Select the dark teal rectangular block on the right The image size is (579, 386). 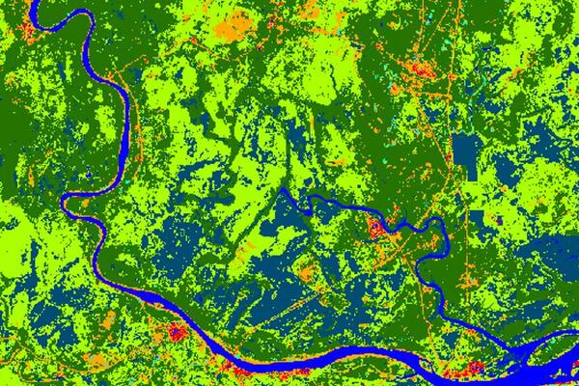click(468, 150)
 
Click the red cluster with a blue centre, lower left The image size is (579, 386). click(177, 333)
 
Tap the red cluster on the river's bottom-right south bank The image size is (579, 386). click(454, 372)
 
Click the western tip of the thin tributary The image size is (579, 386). click(283, 191)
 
